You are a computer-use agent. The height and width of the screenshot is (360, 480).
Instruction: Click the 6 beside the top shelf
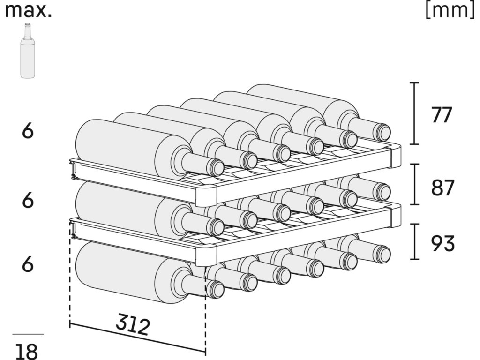coord(28,132)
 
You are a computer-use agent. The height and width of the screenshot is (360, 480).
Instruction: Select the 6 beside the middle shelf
coord(28,201)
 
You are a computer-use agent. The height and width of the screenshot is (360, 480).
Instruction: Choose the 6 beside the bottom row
coord(28,265)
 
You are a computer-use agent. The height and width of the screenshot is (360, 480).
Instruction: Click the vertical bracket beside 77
coord(414,113)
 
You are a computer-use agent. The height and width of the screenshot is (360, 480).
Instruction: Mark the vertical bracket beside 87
coord(414,184)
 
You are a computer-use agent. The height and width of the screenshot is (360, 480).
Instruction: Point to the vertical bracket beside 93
coord(414,241)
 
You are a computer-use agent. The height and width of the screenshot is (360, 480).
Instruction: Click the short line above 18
coord(28,334)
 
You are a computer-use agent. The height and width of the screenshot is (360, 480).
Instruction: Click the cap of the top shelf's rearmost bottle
coord(383,132)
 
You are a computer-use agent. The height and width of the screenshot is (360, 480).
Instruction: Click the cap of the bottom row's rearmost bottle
coord(383,254)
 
